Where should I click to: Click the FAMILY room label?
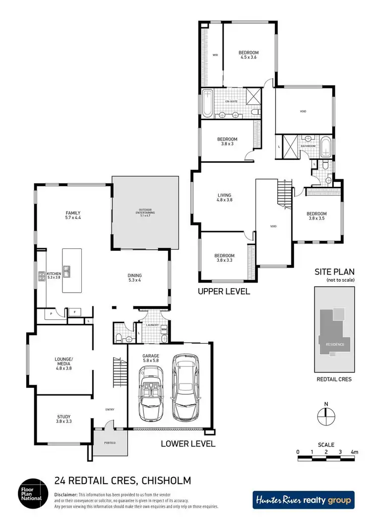[72, 213]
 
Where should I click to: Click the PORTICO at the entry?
[110, 443]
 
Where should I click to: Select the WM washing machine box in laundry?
[164, 329]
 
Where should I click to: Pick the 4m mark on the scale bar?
[354, 452]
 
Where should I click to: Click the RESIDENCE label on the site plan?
[334, 344]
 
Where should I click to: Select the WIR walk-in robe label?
[216, 55]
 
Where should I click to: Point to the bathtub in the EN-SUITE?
[207, 104]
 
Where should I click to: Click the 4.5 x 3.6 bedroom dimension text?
[249, 58]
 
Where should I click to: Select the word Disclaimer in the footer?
[65, 495]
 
